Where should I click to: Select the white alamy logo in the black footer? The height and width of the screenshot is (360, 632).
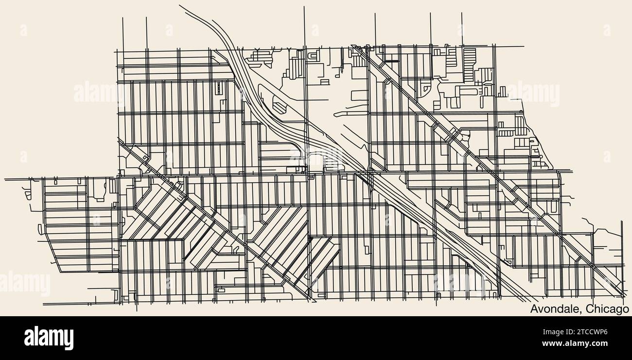point(49,338)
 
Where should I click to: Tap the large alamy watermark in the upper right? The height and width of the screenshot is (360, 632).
point(533,92)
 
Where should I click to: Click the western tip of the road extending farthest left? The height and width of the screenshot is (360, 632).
point(5,179)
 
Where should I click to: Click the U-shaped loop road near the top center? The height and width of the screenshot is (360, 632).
point(313,56)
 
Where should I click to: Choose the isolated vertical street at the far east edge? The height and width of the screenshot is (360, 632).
point(621,243)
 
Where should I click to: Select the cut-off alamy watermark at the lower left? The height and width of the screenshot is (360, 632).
point(24,284)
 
